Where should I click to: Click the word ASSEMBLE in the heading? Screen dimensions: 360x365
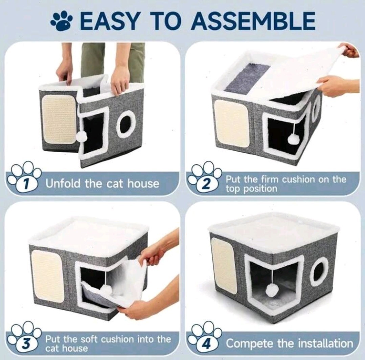tap(253, 21)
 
